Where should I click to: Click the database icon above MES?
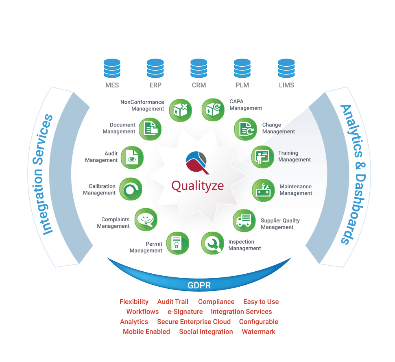pos(112,68)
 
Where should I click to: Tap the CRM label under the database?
pos(199,85)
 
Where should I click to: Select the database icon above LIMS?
pos(286,68)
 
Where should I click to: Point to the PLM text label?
pos(242,85)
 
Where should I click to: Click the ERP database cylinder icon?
pos(155,68)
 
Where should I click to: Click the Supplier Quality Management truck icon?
pos(244,221)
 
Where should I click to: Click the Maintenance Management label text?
pos(296,190)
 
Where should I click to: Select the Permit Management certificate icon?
pos(177,243)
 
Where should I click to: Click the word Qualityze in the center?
pos(197,186)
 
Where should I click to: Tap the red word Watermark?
pos(259,332)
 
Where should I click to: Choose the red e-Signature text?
pos(185,312)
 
